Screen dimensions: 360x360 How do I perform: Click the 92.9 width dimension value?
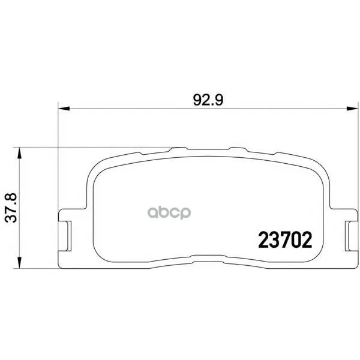[x=208, y=100]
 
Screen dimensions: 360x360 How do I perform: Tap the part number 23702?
[x=285, y=239]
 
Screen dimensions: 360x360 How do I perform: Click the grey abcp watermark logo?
[x=169, y=212]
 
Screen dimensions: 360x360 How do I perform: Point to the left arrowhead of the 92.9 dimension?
[x=64, y=109]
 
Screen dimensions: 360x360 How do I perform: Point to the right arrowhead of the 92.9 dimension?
[x=352, y=109]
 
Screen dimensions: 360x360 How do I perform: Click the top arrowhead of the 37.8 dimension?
[x=20, y=152]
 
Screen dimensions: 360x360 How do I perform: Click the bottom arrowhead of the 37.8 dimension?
[x=20, y=263]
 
